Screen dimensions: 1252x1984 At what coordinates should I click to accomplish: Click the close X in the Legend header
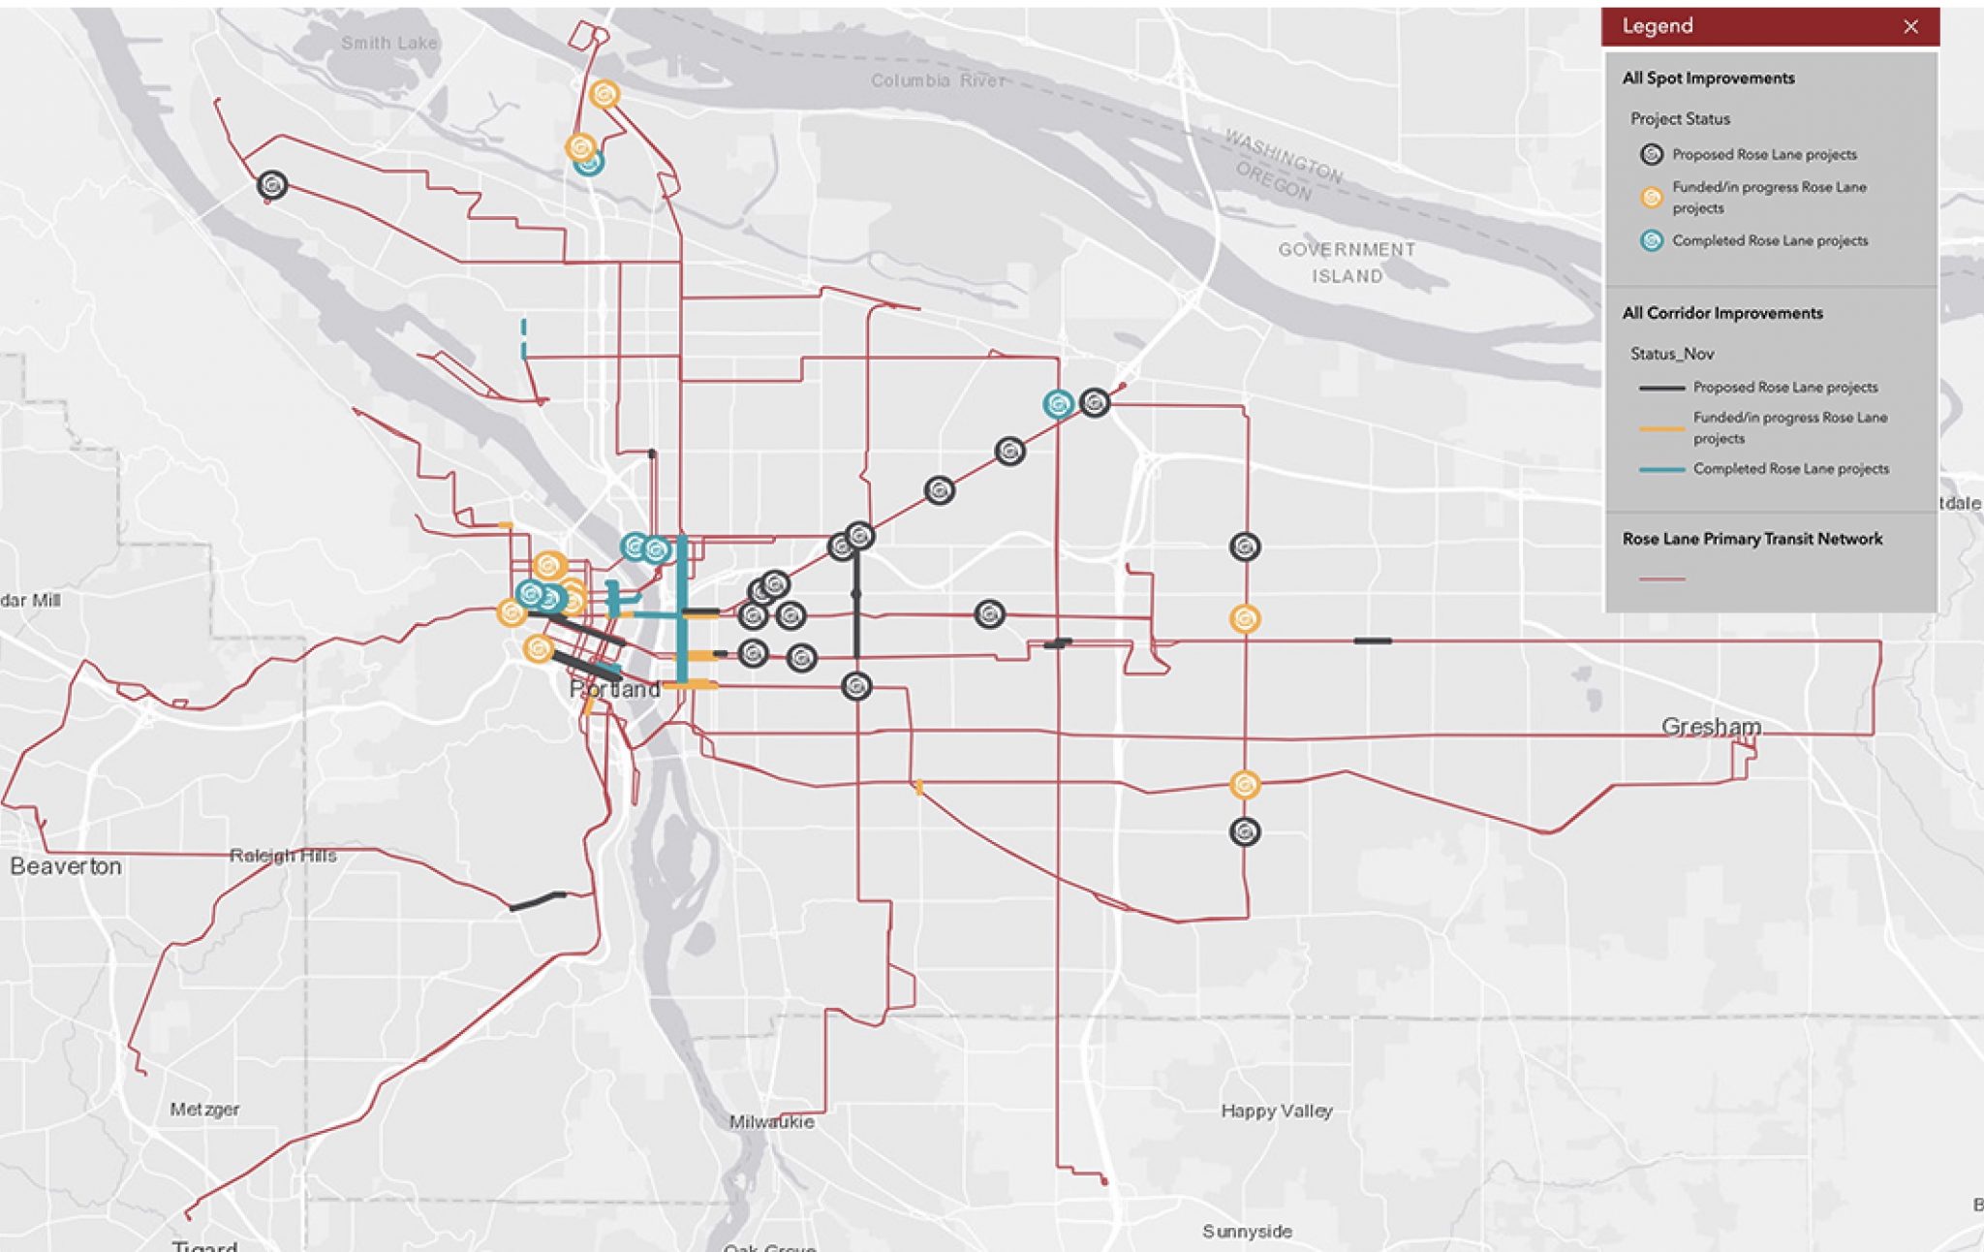click(x=1910, y=27)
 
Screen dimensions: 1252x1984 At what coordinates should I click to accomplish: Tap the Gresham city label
click(x=1711, y=727)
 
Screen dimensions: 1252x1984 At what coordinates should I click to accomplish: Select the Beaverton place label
click(x=66, y=866)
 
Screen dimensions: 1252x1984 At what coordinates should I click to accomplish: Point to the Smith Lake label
click(x=389, y=43)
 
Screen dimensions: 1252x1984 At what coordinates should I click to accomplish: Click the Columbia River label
click(x=938, y=80)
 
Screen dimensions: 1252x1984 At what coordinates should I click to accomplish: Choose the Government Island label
click(x=1347, y=263)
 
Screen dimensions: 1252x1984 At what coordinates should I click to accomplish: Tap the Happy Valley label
click(x=1277, y=1111)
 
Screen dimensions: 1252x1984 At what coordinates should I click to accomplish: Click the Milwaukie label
click(x=772, y=1122)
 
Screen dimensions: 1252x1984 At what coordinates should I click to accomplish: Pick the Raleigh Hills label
click(x=283, y=856)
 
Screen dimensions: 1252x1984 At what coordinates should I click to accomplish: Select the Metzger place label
click(x=204, y=1110)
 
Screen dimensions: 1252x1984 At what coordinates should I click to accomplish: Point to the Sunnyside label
click(x=1248, y=1232)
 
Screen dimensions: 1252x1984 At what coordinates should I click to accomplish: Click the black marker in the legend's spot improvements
click(x=1652, y=155)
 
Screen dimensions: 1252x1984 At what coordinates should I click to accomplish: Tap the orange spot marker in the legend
click(x=1652, y=198)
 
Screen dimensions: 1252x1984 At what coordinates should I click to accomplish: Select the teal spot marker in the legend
click(x=1652, y=241)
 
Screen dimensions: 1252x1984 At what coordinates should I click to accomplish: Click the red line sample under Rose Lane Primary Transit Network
click(x=1662, y=579)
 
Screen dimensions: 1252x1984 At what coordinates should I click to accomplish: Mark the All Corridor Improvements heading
click(x=1722, y=313)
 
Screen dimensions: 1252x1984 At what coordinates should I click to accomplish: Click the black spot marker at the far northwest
click(x=272, y=185)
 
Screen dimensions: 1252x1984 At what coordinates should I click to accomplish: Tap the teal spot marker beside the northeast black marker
click(x=1058, y=404)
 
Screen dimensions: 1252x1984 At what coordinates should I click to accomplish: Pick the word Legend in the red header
click(x=1658, y=26)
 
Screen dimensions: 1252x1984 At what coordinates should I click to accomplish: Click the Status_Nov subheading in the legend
click(x=1672, y=354)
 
